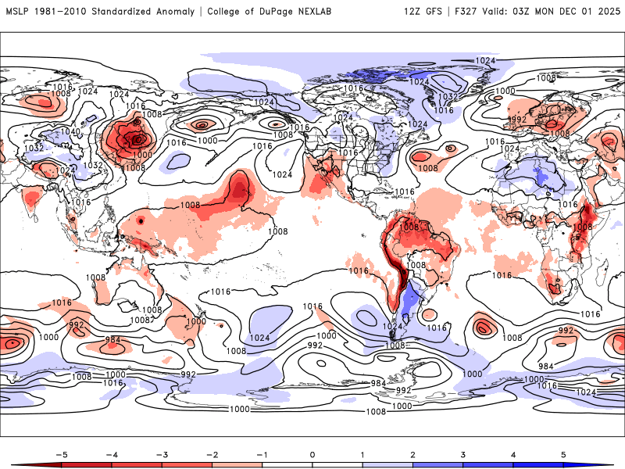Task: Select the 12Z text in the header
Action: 413,12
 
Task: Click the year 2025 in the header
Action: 607,12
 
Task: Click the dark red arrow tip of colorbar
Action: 16,464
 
